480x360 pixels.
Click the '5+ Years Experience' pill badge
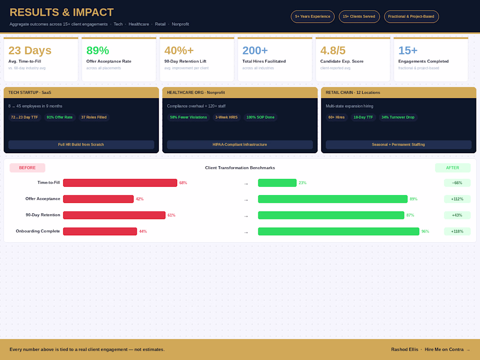pyautogui.click(x=312, y=17)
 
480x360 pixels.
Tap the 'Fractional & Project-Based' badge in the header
pyautogui.click(x=411, y=17)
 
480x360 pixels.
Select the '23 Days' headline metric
pyautogui.click(x=30, y=51)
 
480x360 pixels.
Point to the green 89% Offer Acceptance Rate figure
pyautogui.click(x=98, y=51)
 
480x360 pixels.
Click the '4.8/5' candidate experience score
pyautogui.click(x=333, y=51)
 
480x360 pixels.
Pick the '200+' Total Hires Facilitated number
pyautogui.click(x=255, y=51)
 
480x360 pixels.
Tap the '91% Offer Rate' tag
pyautogui.click(x=60, y=117)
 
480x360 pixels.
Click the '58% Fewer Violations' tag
pyautogui.click(x=188, y=117)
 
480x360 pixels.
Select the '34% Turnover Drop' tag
pyautogui.click(x=398, y=117)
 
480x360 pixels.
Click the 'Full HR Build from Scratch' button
pyautogui.click(x=81, y=144)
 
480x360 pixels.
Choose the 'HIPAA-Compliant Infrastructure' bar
pyautogui.click(x=240, y=144)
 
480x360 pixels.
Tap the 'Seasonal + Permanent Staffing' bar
pyautogui.click(x=398, y=144)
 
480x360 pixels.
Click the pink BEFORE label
pyautogui.click(x=27, y=168)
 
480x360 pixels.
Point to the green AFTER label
pyautogui.click(x=453, y=168)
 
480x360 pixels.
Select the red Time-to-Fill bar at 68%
pyautogui.click(x=120, y=183)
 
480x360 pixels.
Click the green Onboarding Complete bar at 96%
pyautogui.click(x=339, y=231)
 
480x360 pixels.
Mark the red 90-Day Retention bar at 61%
pyautogui.click(x=114, y=215)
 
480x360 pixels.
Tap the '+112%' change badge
pyautogui.click(x=457, y=199)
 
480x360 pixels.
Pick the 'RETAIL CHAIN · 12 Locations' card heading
pyautogui.click(x=353, y=93)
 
